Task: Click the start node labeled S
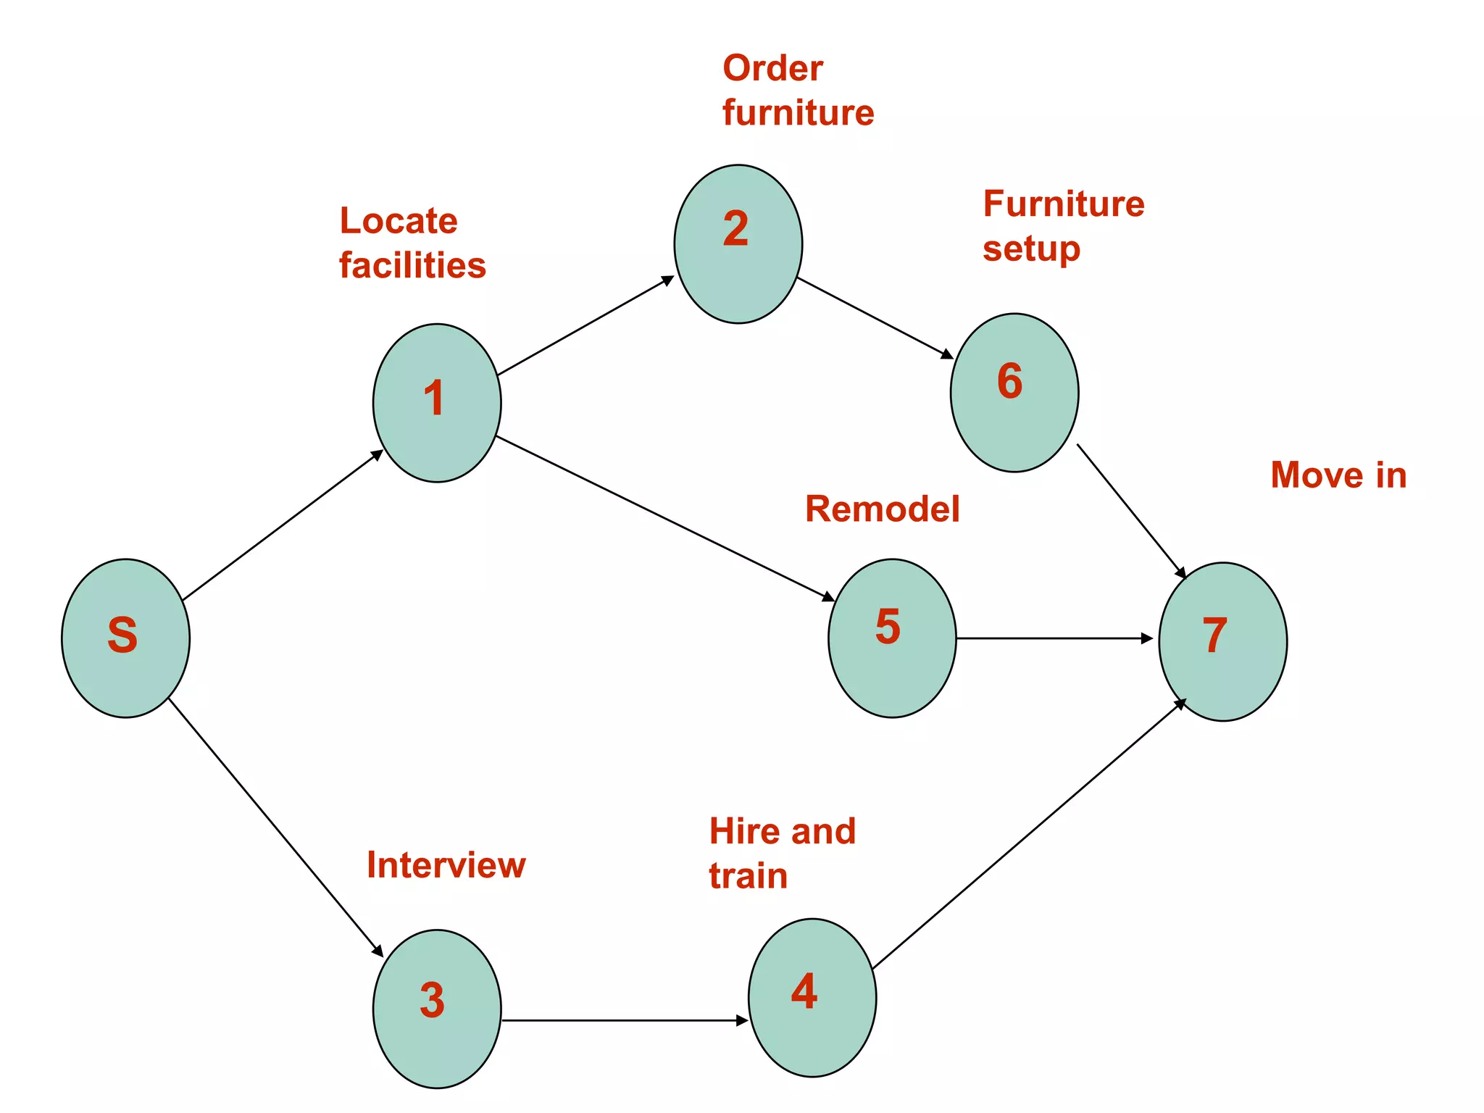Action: click(125, 638)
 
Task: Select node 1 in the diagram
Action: click(437, 403)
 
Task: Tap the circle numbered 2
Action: click(738, 243)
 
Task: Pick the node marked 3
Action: click(437, 1009)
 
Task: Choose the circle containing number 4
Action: click(812, 998)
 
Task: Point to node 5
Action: click(892, 638)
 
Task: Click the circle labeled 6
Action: click(1014, 392)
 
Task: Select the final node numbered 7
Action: click(1222, 641)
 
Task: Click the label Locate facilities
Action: click(412, 243)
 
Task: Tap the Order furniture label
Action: click(798, 91)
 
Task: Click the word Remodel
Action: click(882, 509)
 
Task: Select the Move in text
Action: click(1338, 475)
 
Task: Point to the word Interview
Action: click(446, 864)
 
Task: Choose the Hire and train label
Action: click(782, 853)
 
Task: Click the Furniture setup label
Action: click(1063, 225)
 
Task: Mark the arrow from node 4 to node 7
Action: click(1029, 834)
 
